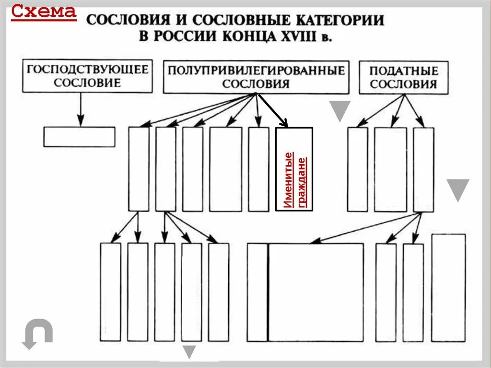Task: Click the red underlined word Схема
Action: [44, 11]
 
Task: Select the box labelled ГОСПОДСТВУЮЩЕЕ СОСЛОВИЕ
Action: [87, 76]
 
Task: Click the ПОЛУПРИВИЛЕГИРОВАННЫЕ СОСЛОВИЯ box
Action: [256, 77]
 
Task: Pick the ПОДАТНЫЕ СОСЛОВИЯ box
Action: [403, 77]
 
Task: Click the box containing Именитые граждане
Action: [294, 169]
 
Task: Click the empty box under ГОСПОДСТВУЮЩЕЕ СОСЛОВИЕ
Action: [79, 137]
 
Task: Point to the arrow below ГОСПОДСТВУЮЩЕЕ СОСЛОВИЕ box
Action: [81, 109]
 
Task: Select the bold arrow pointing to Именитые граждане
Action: [273, 111]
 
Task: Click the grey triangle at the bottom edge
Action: [189, 352]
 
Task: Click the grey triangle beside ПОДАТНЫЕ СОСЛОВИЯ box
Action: [340, 111]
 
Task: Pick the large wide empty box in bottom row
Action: [315, 292]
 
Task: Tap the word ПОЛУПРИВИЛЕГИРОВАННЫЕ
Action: [256, 70]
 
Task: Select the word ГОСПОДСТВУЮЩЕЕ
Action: [87, 69]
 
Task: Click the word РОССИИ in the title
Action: [183, 36]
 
